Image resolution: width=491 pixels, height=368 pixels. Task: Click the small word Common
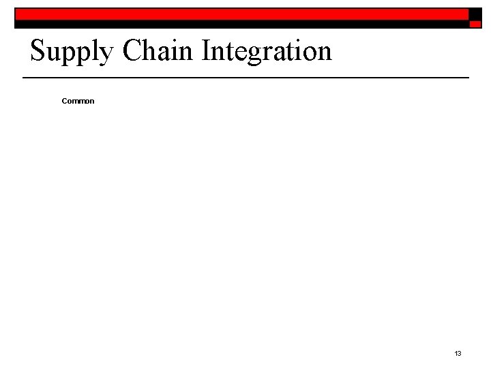click(x=78, y=101)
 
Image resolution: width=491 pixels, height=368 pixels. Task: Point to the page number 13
click(x=458, y=353)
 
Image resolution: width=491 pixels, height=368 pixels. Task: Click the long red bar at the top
click(x=242, y=14)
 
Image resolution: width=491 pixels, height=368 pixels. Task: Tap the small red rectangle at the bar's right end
click(x=475, y=23)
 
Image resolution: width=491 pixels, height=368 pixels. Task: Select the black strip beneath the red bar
click(x=242, y=24)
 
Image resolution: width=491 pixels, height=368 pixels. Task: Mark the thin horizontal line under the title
click(x=245, y=78)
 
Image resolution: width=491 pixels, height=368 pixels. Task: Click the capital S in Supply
click(x=38, y=51)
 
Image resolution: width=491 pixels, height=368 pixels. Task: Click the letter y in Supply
click(x=106, y=55)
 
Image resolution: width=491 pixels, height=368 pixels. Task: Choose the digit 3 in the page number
click(x=460, y=353)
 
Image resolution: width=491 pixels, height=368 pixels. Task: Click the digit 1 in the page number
click(x=456, y=353)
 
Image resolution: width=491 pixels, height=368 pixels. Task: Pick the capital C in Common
click(x=64, y=101)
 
